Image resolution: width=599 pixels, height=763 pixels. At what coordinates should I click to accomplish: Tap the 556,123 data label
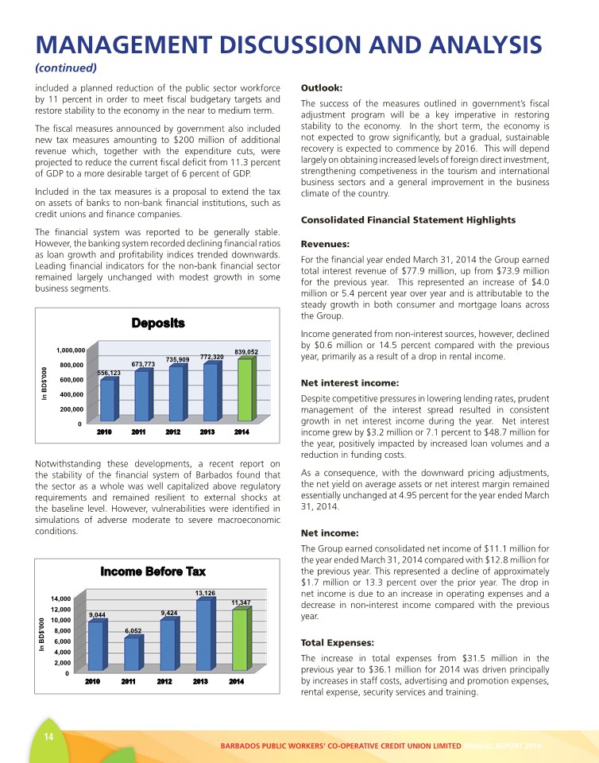point(108,373)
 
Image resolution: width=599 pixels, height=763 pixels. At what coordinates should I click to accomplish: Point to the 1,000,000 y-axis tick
point(71,350)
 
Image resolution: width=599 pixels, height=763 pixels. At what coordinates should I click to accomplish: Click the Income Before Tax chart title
point(153,571)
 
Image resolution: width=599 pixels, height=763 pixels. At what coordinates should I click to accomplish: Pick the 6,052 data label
point(133,630)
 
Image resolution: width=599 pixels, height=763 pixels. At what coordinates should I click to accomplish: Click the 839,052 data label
point(246,352)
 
